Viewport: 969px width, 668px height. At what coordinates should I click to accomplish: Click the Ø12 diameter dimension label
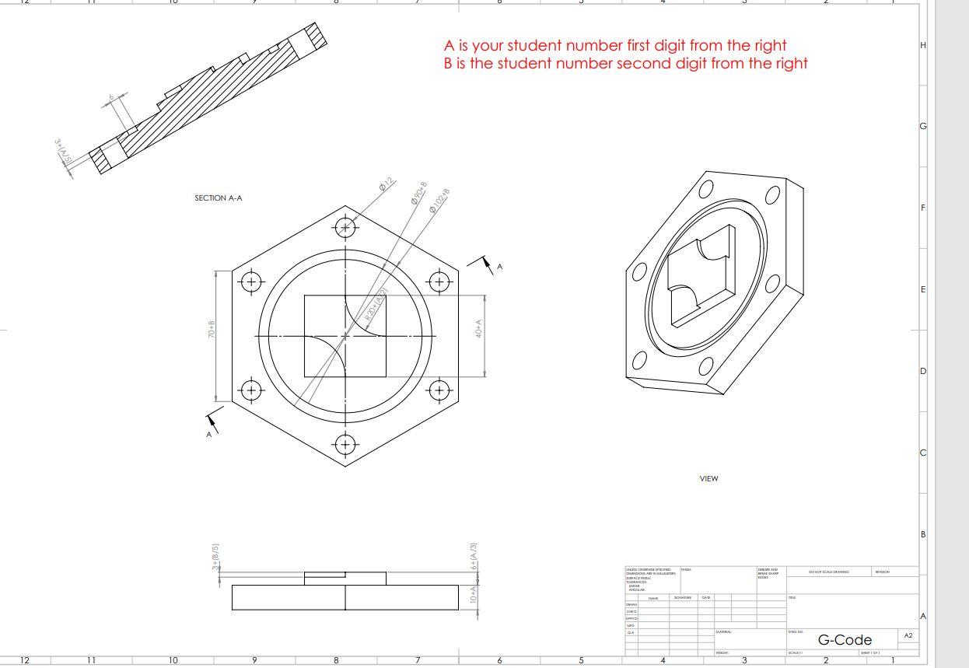tap(386, 186)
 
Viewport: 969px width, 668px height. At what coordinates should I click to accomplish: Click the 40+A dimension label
tap(480, 328)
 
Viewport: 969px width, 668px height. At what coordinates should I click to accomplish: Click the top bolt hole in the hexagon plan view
tap(345, 227)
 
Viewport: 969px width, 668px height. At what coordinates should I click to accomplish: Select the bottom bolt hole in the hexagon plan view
tap(345, 444)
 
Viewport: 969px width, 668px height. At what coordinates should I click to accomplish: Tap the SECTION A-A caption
tap(219, 198)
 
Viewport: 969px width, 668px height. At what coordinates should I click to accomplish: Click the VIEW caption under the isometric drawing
tap(708, 479)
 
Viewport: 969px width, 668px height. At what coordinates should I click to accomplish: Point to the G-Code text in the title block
tap(845, 640)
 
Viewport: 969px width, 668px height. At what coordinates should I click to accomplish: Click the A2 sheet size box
tap(908, 636)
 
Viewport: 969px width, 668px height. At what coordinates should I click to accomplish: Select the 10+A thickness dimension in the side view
tap(473, 596)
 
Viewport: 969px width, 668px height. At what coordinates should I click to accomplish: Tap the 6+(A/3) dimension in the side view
tap(474, 556)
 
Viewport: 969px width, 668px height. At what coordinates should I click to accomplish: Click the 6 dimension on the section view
tap(111, 96)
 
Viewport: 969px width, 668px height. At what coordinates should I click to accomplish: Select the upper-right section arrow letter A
tap(500, 267)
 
